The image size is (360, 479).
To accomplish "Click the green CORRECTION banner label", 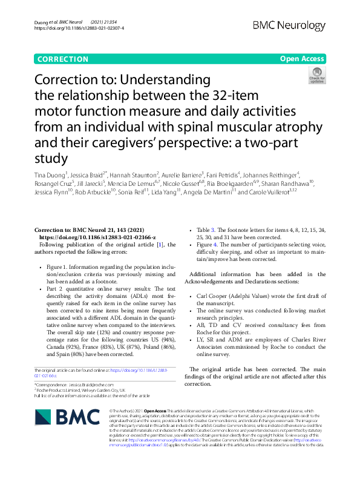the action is click(x=62, y=59).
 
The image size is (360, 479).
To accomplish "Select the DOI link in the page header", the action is click(x=79, y=28).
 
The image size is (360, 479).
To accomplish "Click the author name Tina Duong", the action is click(x=50, y=175).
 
